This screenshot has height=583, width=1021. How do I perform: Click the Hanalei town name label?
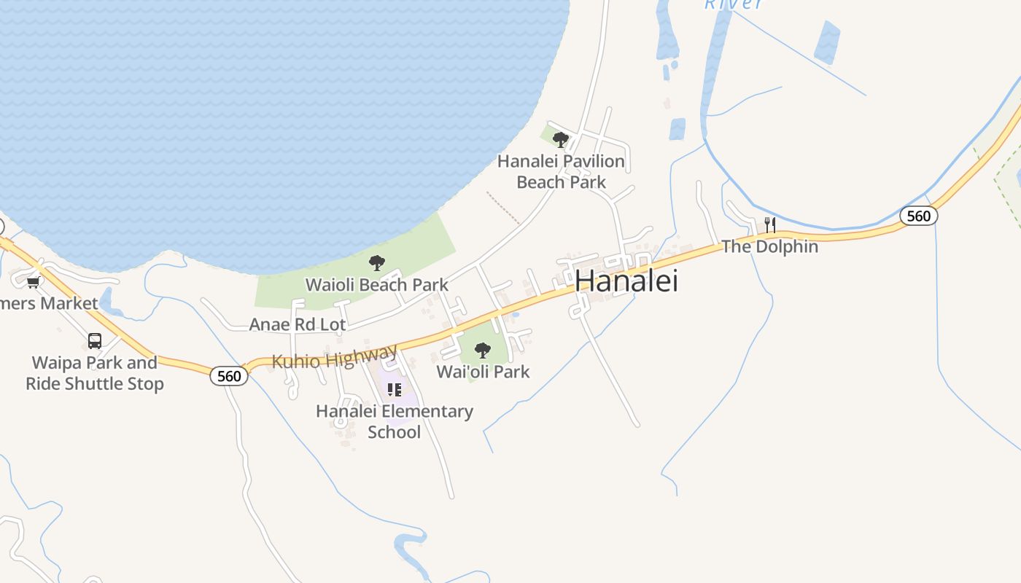[626, 281]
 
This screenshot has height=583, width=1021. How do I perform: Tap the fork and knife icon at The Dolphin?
[769, 224]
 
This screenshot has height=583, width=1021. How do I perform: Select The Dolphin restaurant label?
[769, 246]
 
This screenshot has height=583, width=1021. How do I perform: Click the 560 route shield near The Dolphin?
[918, 216]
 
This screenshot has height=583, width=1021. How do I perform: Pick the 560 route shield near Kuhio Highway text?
[229, 376]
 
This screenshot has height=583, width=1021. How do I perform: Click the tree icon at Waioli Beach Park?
[376, 263]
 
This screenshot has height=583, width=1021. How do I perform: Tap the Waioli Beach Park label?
[376, 284]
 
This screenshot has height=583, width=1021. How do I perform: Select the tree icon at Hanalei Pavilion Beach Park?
[560, 139]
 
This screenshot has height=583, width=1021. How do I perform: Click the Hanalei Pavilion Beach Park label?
[561, 171]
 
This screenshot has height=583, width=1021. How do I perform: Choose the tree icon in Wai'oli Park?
[482, 351]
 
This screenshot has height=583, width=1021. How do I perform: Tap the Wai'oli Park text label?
[483, 372]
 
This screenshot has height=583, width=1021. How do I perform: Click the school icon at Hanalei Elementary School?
[395, 390]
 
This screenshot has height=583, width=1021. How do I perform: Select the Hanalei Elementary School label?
[395, 421]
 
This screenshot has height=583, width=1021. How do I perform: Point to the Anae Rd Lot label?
[298, 324]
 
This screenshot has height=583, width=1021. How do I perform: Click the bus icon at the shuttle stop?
[95, 341]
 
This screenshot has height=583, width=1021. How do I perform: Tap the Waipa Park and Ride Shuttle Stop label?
[95, 373]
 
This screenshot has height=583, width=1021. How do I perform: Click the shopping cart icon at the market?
[33, 282]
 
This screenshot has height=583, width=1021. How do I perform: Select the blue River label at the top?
[734, 4]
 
